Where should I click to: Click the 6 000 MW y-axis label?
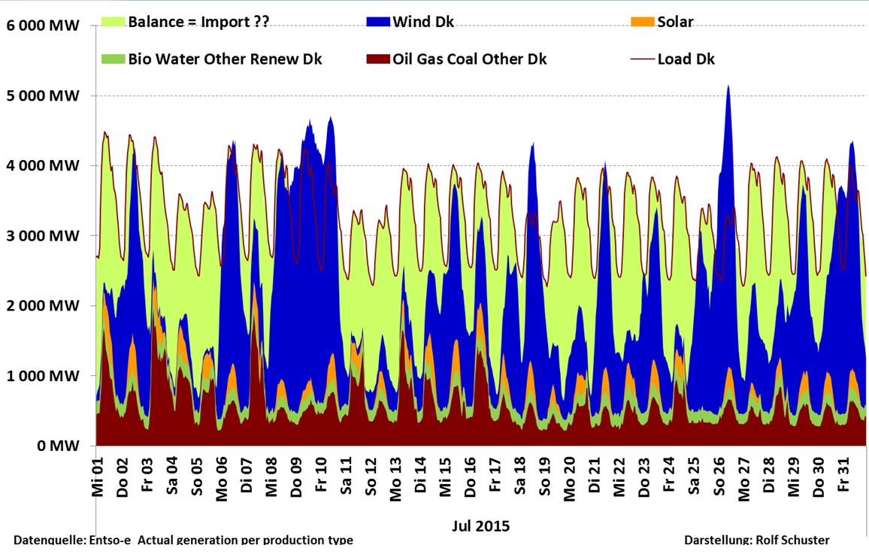point(44,26)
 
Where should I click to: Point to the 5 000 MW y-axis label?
point(44,96)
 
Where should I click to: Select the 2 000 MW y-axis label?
point(44,306)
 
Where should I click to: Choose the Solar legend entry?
point(675,21)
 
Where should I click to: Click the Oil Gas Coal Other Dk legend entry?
point(470,59)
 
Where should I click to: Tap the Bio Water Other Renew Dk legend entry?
point(225,59)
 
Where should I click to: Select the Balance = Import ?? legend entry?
point(198,21)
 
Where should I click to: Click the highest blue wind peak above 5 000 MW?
point(728,87)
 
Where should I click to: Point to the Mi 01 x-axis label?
point(98,474)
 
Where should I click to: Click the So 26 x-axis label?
point(720,474)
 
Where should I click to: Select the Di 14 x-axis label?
point(421,474)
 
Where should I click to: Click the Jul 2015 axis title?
point(481,525)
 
